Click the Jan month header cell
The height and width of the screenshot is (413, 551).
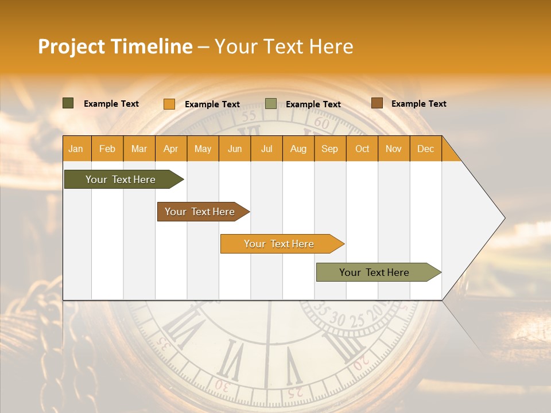point(76,149)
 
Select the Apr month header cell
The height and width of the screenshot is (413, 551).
point(171,149)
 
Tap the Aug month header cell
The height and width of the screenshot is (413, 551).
point(298,149)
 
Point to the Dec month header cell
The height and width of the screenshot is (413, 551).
point(425,149)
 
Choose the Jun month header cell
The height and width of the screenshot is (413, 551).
point(235,149)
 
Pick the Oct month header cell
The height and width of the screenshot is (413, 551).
point(362,149)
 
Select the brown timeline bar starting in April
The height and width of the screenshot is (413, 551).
point(201,212)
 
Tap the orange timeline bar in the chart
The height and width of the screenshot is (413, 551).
point(280,244)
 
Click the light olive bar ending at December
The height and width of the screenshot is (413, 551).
point(376,272)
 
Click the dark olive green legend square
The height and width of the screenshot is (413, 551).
point(68,103)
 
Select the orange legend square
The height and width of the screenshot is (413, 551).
point(169,104)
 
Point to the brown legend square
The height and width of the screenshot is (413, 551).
point(377,103)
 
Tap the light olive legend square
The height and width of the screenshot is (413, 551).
point(271,104)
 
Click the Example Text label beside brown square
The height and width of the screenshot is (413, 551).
point(418,104)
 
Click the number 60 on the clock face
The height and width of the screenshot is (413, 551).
point(322,123)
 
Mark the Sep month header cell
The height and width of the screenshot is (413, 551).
point(330,149)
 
